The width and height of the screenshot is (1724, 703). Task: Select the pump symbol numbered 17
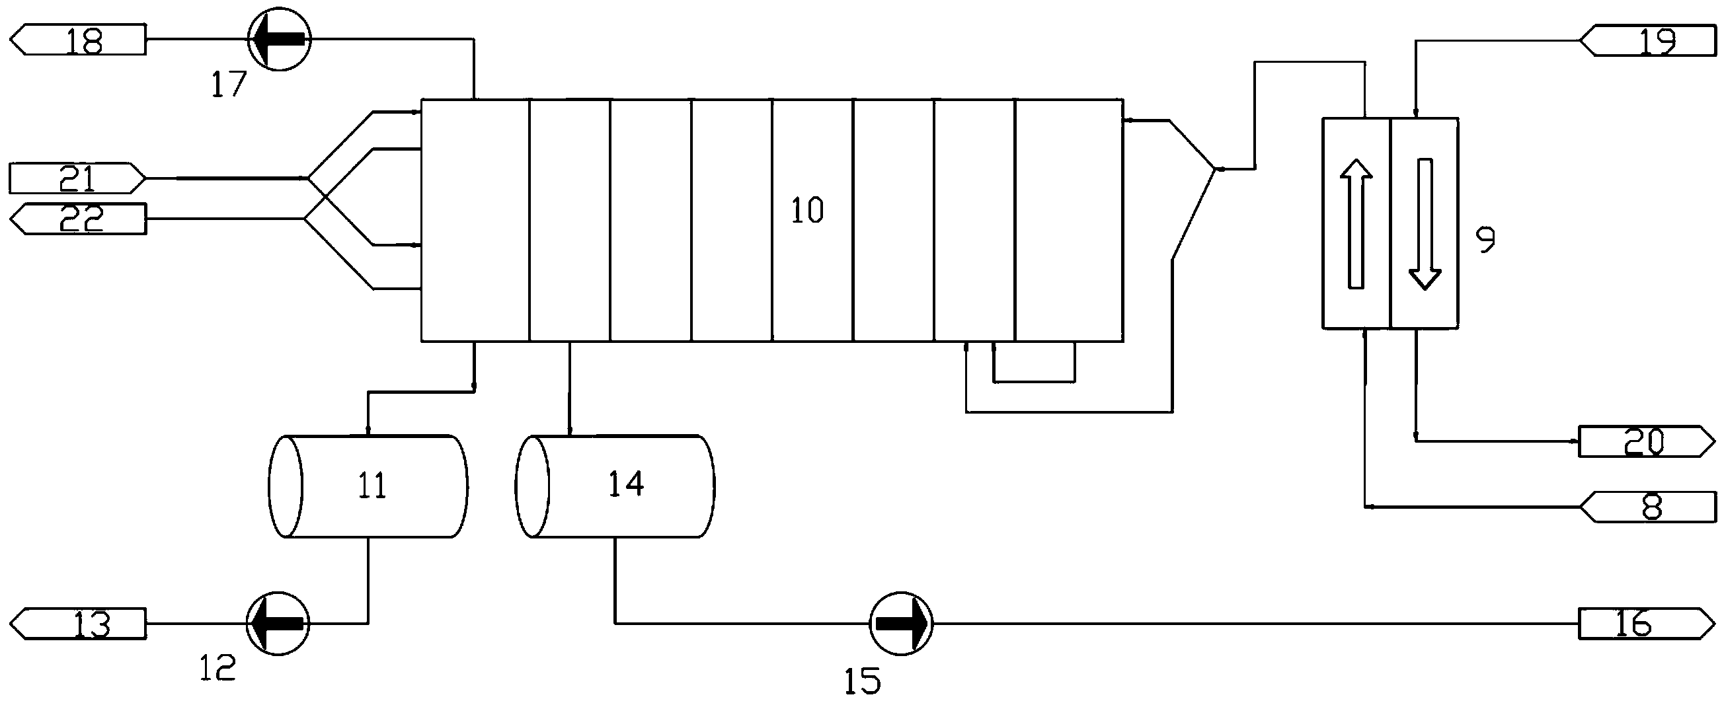(x=279, y=40)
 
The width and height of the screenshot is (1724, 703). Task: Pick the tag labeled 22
(x=78, y=218)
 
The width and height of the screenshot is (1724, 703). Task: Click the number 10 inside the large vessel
(x=807, y=211)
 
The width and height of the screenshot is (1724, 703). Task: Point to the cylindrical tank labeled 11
(x=368, y=486)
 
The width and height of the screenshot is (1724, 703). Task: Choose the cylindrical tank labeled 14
(x=615, y=486)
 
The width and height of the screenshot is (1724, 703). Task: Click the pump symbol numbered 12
(x=278, y=624)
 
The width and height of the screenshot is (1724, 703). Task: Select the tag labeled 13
(x=78, y=624)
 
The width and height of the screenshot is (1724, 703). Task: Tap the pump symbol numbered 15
(x=901, y=624)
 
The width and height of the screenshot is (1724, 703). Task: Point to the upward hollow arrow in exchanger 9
(x=1356, y=223)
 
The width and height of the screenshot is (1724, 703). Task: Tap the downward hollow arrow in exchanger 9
(x=1425, y=223)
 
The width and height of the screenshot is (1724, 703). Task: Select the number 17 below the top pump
(x=229, y=86)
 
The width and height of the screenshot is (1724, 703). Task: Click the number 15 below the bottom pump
(x=862, y=681)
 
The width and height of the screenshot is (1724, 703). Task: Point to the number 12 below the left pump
(x=218, y=667)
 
